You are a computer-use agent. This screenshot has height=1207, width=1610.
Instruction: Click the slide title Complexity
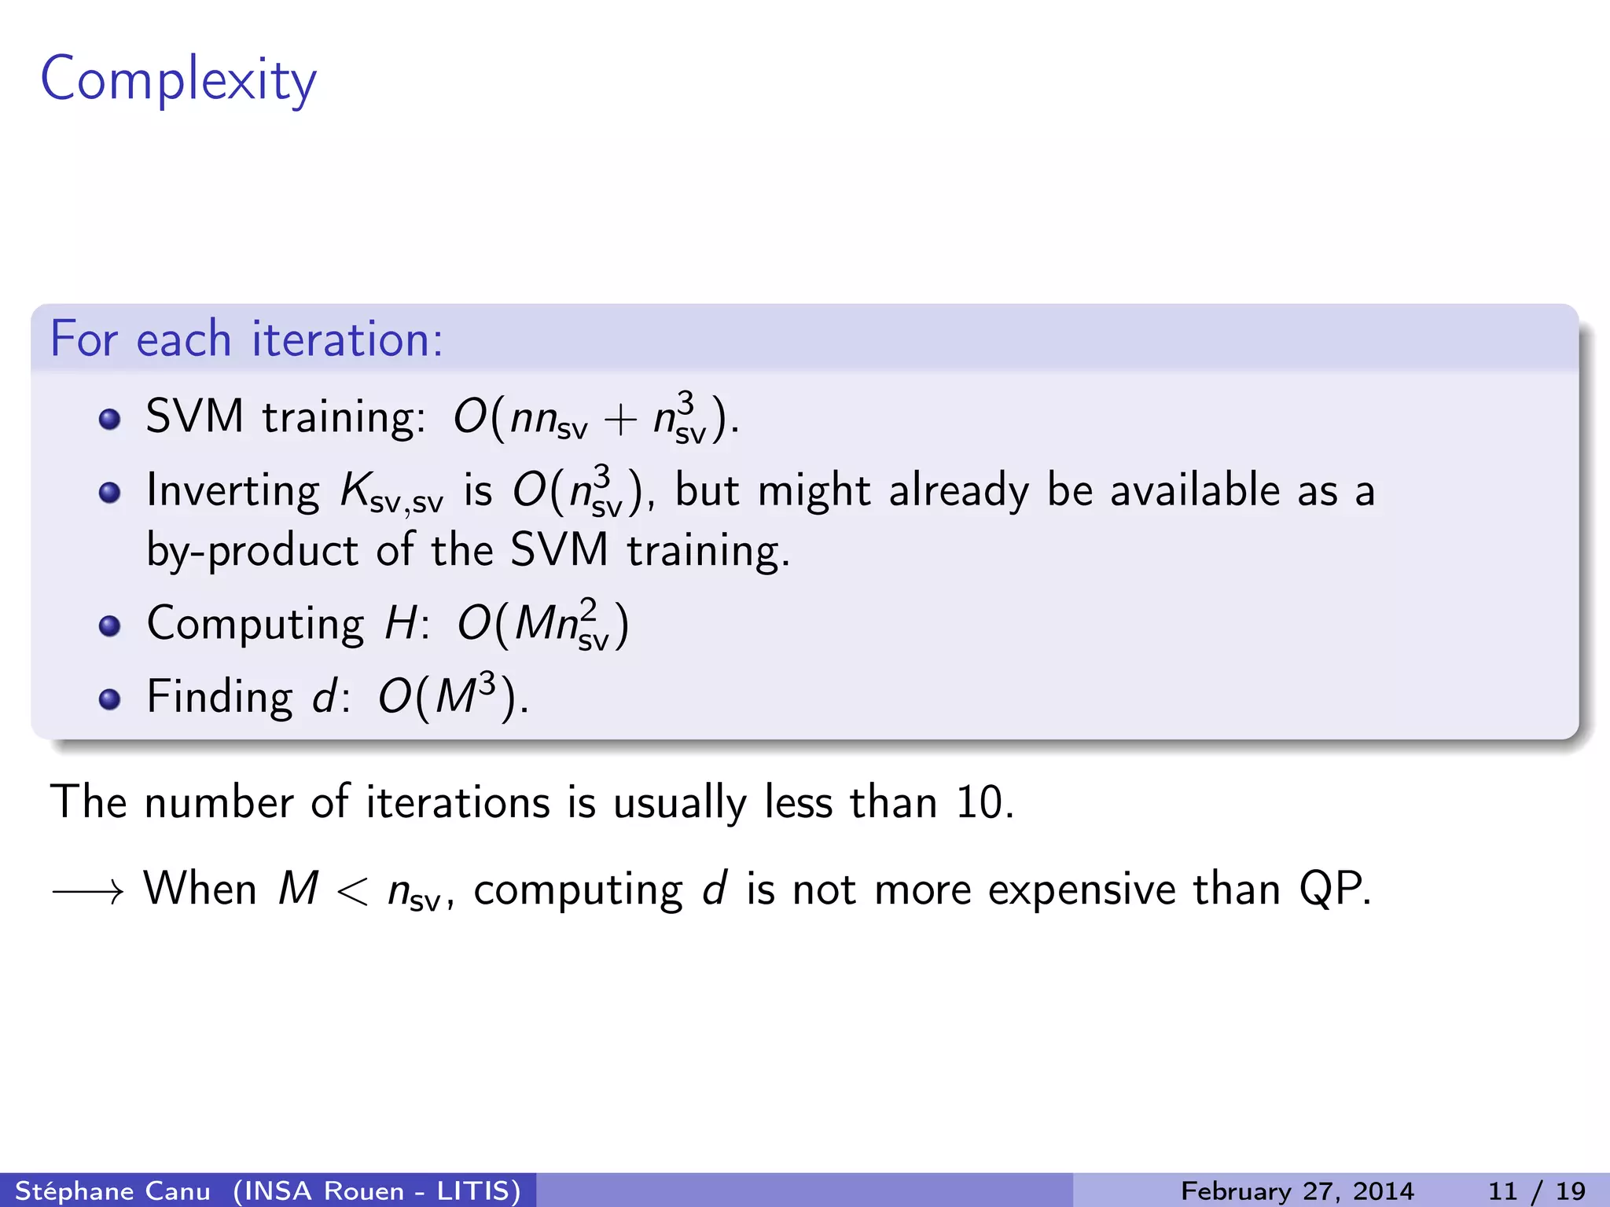click(178, 80)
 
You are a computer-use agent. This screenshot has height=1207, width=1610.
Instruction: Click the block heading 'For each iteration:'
click(246, 339)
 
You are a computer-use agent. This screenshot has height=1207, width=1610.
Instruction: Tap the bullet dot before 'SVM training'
click(110, 419)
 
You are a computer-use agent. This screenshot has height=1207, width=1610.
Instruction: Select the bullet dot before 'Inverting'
click(110, 493)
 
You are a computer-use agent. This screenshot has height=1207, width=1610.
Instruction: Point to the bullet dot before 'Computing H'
click(110, 626)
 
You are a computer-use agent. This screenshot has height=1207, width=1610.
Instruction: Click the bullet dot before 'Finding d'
click(110, 699)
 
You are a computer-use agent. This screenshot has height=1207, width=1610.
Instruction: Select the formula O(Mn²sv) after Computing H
click(542, 625)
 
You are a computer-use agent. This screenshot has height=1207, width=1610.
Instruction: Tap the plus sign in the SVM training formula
click(620, 419)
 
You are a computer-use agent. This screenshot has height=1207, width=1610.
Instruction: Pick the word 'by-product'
click(252, 550)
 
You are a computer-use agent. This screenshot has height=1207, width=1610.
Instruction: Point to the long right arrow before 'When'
click(88, 891)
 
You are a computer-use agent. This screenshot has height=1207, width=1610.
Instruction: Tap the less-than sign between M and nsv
click(351, 892)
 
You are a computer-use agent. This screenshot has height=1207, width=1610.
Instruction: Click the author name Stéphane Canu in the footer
click(112, 1190)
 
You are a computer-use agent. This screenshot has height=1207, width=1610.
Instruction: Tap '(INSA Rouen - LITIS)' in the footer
click(377, 1190)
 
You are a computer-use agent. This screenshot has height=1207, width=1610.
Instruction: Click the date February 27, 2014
click(1297, 1190)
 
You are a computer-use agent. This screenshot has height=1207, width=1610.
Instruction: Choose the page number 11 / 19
click(1536, 1190)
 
